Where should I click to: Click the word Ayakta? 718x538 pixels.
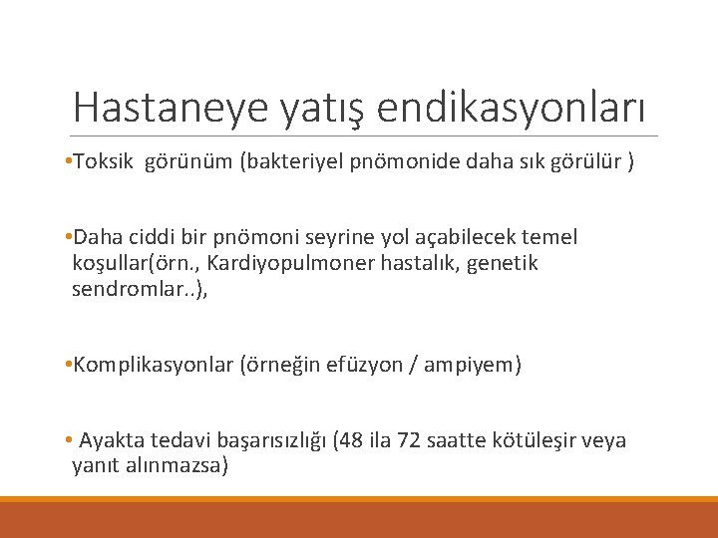click(x=111, y=440)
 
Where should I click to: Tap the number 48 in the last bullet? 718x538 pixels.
click(x=356, y=440)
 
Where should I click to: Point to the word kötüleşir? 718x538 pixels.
click(x=540, y=440)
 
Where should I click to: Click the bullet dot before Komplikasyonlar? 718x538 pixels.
click(x=65, y=365)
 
